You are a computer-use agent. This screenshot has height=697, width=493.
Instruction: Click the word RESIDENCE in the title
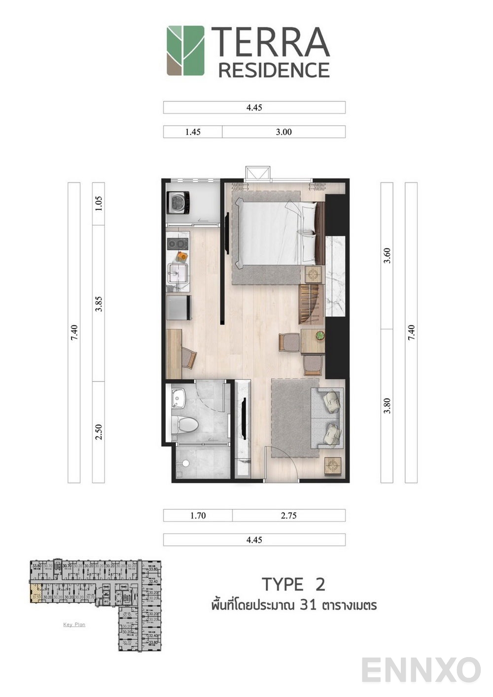point(274,70)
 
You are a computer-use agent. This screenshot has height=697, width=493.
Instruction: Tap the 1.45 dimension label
point(193,132)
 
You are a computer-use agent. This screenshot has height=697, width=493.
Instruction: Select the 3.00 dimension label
point(283,132)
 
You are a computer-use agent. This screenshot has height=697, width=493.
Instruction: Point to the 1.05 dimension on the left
point(99,204)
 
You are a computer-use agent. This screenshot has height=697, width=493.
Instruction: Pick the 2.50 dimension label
point(99,432)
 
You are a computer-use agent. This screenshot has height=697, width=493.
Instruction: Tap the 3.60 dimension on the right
point(387,255)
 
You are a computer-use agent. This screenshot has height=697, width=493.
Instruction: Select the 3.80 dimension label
point(387,406)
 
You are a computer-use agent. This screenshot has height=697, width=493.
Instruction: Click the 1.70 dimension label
point(198,516)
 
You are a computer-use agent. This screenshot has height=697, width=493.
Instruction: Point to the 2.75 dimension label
point(288,516)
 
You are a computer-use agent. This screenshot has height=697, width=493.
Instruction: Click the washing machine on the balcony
point(178,202)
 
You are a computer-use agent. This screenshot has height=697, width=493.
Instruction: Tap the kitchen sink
point(177,272)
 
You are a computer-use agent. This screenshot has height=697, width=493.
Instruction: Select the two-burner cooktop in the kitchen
point(177,244)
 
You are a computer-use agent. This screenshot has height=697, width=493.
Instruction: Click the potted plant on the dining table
point(320,336)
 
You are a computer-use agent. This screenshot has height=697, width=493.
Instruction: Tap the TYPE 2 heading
point(293,584)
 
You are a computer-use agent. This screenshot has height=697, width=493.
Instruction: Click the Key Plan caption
point(74,625)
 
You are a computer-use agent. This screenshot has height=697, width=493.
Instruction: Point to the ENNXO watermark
point(421,670)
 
